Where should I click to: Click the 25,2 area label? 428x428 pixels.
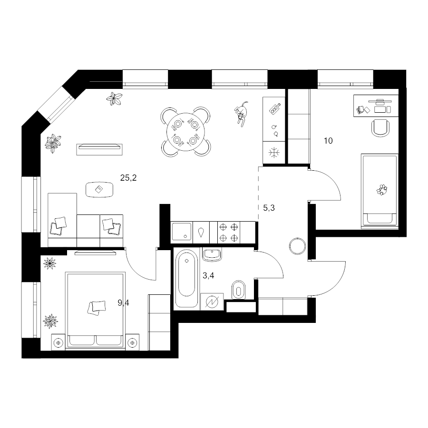click(x=128, y=178)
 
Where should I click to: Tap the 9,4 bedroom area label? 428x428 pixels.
click(x=123, y=302)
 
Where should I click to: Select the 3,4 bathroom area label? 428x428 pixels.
click(x=208, y=275)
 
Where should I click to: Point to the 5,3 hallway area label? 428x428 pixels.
click(x=269, y=208)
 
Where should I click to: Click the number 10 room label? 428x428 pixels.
click(x=328, y=141)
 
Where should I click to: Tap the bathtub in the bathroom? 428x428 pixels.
click(x=187, y=279)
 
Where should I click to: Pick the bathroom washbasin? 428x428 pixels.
click(x=212, y=254)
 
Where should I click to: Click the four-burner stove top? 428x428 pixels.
click(x=229, y=232)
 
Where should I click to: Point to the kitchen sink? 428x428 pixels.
click(x=182, y=232)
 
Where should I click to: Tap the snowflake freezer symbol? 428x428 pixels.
click(x=273, y=152)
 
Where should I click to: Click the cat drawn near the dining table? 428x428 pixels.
click(x=241, y=113)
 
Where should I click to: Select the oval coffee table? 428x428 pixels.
click(x=99, y=189)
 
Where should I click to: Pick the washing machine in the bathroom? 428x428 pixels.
click(x=212, y=302)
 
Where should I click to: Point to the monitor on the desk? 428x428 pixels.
click(x=380, y=101)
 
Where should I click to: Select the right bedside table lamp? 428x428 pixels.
click(x=132, y=342)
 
